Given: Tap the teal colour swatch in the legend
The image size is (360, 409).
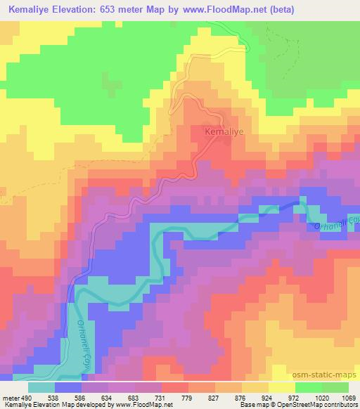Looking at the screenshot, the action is point(41,387).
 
